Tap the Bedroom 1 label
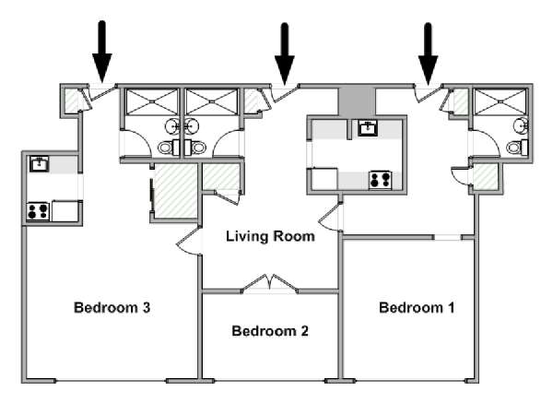click(417, 308)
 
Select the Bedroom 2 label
click(270, 331)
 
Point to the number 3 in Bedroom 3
click(147, 307)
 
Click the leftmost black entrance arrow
click(102, 52)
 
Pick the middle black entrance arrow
click(284, 53)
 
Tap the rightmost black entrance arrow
click(429, 53)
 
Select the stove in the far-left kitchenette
click(38, 211)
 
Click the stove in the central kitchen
click(380, 180)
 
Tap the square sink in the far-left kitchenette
click(39, 164)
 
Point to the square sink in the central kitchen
click(368, 128)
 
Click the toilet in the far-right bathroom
click(517, 147)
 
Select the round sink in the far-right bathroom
click(521, 126)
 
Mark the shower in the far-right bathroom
click(500, 101)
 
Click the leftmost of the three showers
click(152, 101)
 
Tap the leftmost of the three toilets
click(169, 148)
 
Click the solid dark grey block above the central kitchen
click(356, 101)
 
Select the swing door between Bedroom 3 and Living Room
click(189, 241)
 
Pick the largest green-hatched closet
click(176, 191)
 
